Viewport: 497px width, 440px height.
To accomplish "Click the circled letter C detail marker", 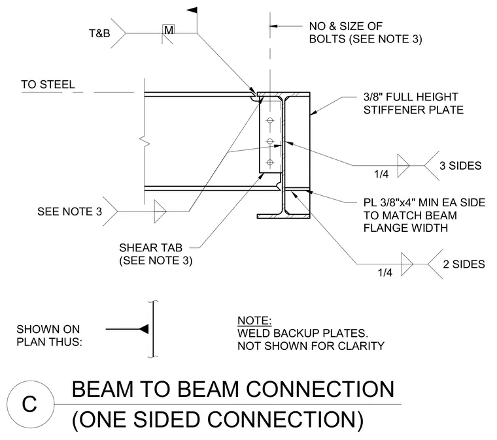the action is click(30, 404).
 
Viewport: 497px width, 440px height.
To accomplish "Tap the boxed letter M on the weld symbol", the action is click(169, 30).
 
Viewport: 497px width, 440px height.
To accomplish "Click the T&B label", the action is click(99, 33).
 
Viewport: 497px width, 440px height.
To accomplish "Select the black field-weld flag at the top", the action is click(192, 10).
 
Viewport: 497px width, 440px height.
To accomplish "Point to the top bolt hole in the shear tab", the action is click(270, 120).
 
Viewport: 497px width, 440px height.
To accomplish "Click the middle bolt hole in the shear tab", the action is click(270, 142).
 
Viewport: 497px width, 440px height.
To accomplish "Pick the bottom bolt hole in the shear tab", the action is click(270, 163).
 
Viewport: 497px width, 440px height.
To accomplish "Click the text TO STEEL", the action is click(48, 84).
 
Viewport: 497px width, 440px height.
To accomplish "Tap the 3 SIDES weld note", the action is click(460, 166).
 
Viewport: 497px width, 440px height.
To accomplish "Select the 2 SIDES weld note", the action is click(464, 264).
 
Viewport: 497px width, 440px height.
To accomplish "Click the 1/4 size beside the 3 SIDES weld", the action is click(381, 174).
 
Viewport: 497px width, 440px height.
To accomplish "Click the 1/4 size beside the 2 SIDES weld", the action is click(385, 272).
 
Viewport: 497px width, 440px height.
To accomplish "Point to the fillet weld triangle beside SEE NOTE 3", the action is click(160, 212).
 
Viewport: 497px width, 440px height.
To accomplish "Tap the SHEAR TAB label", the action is click(151, 247).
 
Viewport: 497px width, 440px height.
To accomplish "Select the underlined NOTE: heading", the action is click(254, 321).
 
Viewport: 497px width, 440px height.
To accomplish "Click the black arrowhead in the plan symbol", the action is click(144, 329).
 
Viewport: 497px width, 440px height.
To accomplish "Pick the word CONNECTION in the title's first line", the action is click(320, 389).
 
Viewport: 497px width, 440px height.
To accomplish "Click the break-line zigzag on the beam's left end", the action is click(145, 142).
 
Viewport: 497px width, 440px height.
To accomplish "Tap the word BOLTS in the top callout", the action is click(328, 39).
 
